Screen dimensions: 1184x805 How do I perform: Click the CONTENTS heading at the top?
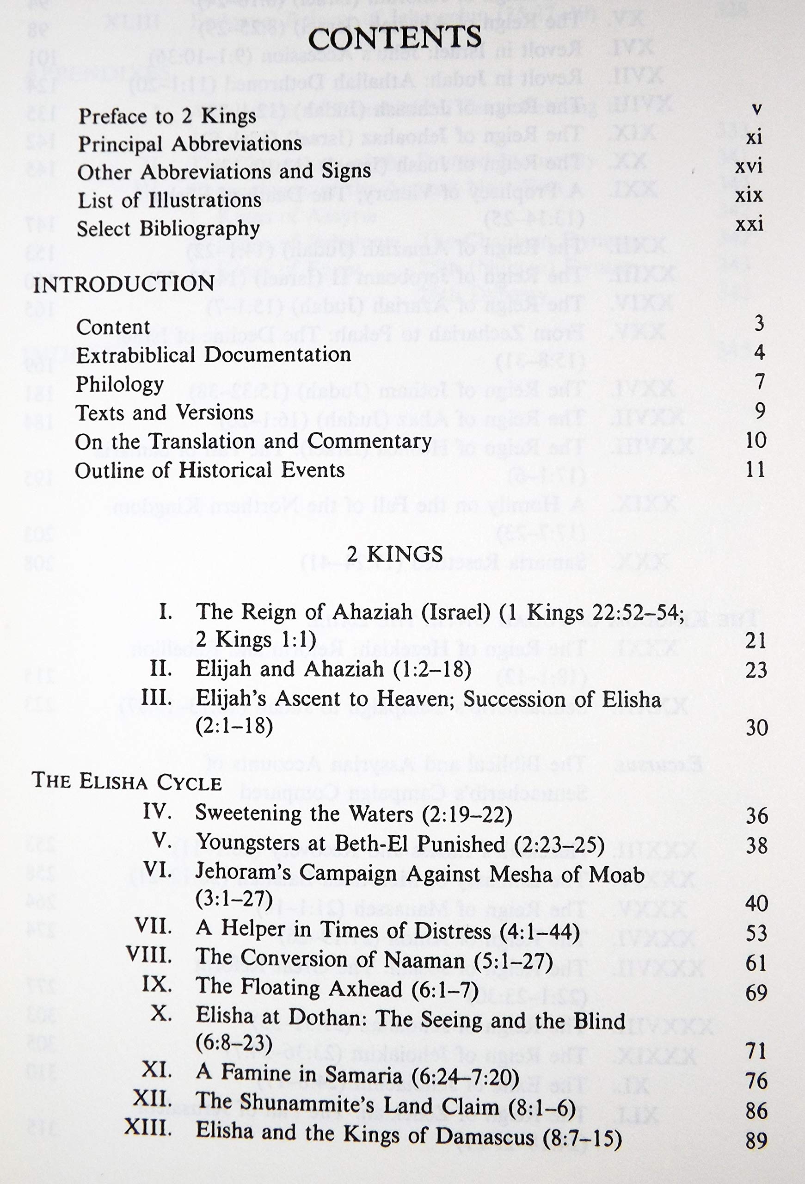click(x=394, y=38)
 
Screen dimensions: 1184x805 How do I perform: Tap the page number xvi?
click(x=749, y=166)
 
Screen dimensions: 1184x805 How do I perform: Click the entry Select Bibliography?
click(x=168, y=229)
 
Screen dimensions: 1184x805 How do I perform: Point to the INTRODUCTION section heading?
click(x=124, y=284)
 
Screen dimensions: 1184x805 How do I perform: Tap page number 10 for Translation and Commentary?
click(x=755, y=440)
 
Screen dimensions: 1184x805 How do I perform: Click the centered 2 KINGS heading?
click(x=394, y=554)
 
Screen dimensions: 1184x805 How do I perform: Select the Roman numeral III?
click(x=156, y=697)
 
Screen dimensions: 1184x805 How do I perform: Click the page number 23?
click(x=756, y=670)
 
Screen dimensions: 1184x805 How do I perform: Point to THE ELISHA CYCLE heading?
click(x=127, y=782)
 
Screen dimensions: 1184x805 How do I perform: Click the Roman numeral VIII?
click(x=149, y=954)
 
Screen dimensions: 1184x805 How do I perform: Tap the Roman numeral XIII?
click(x=147, y=1128)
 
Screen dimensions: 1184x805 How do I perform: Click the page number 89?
click(x=756, y=1140)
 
